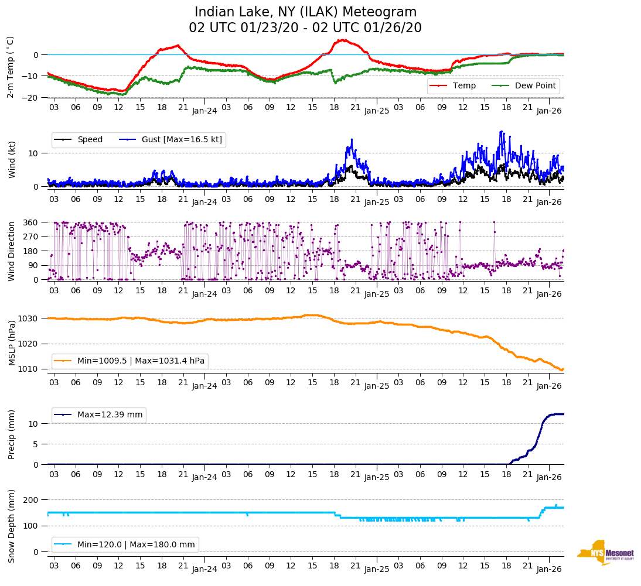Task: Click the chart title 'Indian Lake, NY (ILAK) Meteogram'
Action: tap(305, 12)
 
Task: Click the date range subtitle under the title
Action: tap(305, 28)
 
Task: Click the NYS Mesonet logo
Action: tap(606, 553)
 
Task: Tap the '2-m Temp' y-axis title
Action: tap(10, 67)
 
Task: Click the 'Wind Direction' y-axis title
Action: tap(11, 251)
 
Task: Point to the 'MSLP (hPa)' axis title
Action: tap(11, 343)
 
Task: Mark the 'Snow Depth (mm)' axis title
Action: tap(11, 525)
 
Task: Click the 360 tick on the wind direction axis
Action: tap(31, 222)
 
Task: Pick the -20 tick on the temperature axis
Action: tap(30, 98)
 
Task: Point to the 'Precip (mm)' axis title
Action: tap(11, 434)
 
